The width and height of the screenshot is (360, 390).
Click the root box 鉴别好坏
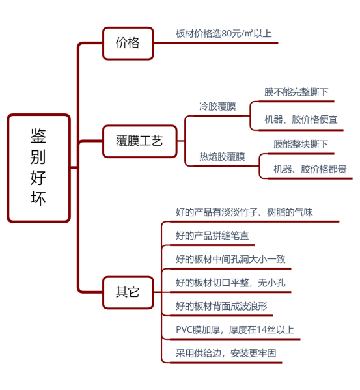coord(39,168)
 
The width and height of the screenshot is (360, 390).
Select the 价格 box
coord(128,43)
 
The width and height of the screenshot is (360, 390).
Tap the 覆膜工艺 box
coord(140,141)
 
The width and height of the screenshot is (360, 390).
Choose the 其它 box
coord(128,292)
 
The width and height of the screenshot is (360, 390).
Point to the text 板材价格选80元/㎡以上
coord(223,33)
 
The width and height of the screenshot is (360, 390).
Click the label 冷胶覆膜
coord(217,107)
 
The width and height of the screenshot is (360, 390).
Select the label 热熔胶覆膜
coord(222,157)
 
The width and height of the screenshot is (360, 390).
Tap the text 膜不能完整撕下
coord(296,92)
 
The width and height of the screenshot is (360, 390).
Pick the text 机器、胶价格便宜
coord(301,120)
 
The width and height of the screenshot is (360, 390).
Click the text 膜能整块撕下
coord(301,145)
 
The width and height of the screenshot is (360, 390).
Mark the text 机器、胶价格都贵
coord(310,169)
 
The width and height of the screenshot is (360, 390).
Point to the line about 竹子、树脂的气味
coord(244,212)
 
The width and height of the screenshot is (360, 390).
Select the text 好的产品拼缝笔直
coord(212,236)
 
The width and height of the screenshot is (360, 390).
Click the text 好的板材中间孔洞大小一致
coord(230,259)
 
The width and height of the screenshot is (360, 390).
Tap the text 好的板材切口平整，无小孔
coord(230,283)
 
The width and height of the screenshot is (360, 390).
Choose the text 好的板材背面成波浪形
coord(221,306)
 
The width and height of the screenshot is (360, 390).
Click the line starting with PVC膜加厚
coord(235,330)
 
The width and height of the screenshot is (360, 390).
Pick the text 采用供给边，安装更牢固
coord(226,353)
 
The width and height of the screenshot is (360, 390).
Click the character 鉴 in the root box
coord(38,136)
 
